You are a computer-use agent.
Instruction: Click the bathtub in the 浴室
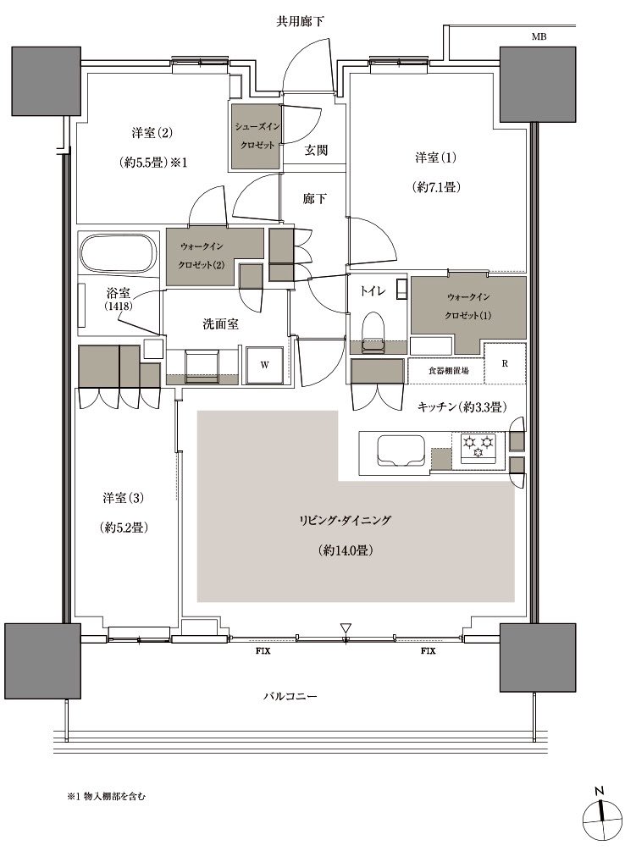(x=119, y=254)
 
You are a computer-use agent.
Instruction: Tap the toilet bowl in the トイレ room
(x=373, y=332)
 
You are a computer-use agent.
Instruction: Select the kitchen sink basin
(x=401, y=450)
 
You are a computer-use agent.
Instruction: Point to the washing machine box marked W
(x=265, y=365)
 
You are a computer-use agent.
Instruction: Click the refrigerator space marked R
(x=505, y=363)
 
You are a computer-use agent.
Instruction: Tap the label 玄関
(x=315, y=150)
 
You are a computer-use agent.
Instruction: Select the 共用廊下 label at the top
(x=300, y=22)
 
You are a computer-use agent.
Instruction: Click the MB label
(x=539, y=37)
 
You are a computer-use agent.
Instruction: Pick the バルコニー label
(x=290, y=696)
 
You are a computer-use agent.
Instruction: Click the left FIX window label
(x=263, y=650)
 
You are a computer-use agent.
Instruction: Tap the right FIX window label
(x=429, y=650)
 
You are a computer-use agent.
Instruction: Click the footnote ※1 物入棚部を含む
(x=107, y=797)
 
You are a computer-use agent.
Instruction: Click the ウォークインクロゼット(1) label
(x=468, y=306)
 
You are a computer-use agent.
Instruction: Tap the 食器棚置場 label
(x=448, y=371)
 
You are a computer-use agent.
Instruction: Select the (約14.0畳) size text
(x=346, y=550)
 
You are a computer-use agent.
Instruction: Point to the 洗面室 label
(x=220, y=324)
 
